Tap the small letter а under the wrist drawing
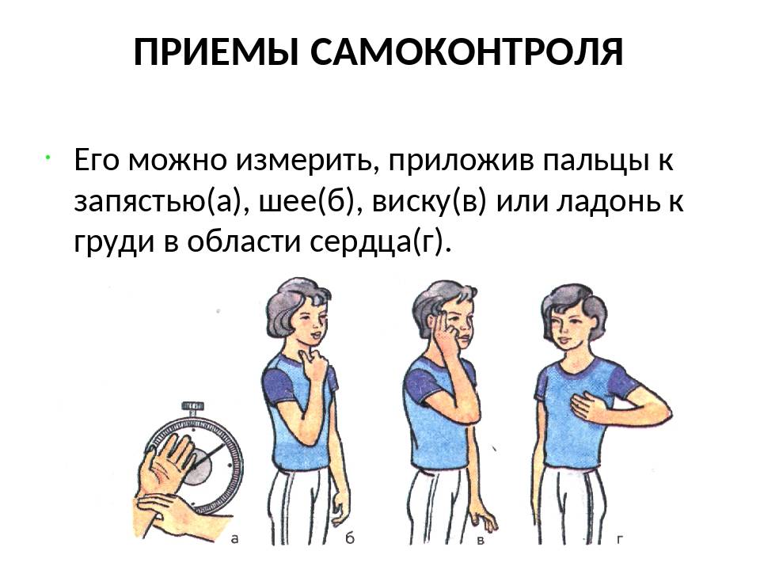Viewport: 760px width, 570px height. tap(234, 538)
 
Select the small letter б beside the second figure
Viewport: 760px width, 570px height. tap(350, 537)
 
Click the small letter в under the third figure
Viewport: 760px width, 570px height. tap(481, 540)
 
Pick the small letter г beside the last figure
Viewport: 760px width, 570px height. tap(619, 538)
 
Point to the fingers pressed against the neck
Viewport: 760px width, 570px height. tap(311, 362)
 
